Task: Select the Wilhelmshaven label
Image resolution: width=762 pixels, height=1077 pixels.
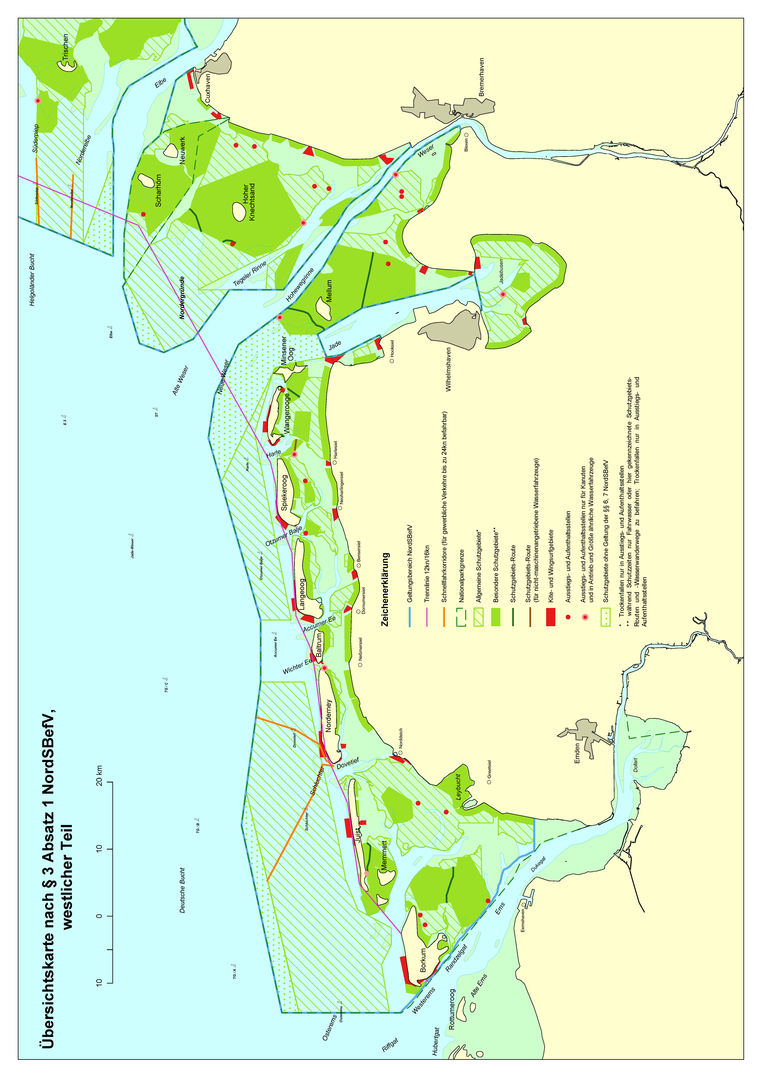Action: (x=449, y=370)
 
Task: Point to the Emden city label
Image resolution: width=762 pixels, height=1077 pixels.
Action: (x=577, y=753)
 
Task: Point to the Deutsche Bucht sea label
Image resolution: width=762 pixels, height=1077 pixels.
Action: (x=182, y=890)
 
